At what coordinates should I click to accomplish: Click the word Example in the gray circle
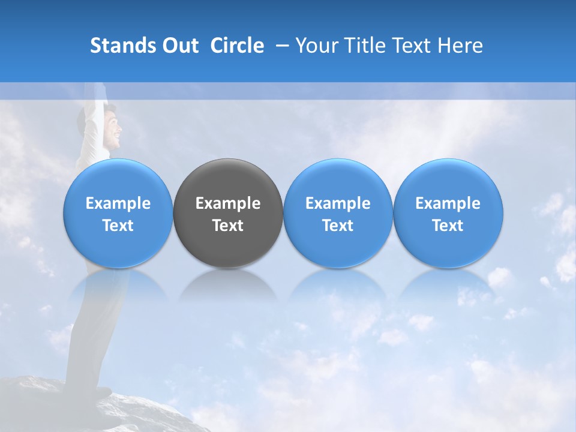(x=228, y=203)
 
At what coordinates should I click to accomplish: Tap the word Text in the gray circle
(x=228, y=226)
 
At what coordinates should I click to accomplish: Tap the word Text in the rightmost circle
(x=448, y=226)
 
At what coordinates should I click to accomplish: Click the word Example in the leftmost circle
(x=118, y=203)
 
